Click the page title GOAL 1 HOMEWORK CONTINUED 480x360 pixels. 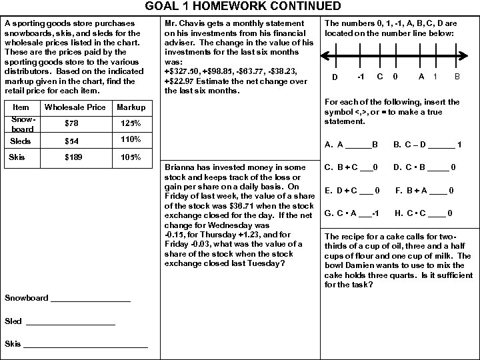pyautogui.click(x=239, y=7)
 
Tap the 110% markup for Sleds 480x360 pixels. pyautogui.click(x=130, y=139)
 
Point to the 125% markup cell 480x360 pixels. pyautogui.click(x=130, y=123)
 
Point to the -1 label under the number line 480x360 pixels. pyautogui.click(x=359, y=77)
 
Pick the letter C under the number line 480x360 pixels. pyautogui.click(x=379, y=77)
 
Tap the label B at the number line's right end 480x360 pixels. pyautogui.click(x=457, y=77)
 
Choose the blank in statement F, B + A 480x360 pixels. pyautogui.click(x=438, y=191)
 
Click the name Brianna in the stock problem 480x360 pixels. pyautogui.click(x=179, y=167)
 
